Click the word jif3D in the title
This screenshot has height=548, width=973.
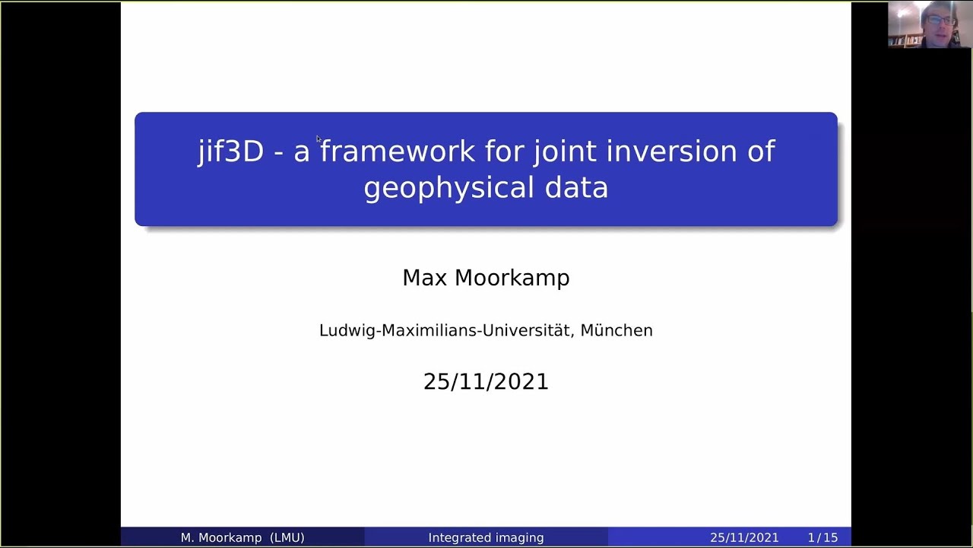pyautogui.click(x=230, y=151)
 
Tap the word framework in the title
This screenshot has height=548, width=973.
pyautogui.click(x=397, y=151)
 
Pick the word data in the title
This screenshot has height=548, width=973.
pyautogui.click(x=576, y=187)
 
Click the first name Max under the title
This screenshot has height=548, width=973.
pyautogui.click(x=424, y=278)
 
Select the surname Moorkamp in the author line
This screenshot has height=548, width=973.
pyautogui.click(x=512, y=278)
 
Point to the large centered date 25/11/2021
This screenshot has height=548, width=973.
pyautogui.click(x=486, y=381)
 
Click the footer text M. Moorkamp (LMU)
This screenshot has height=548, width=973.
pyautogui.click(x=242, y=537)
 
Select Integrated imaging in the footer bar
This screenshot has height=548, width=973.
pyautogui.click(x=486, y=537)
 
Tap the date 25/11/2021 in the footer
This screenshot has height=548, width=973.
pyautogui.click(x=744, y=537)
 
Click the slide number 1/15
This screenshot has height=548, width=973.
pyautogui.click(x=822, y=537)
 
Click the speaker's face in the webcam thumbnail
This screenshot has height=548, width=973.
pyautogui.click(x=940, y=26)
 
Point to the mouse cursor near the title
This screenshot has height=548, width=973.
pyautogui.click(x=319, y=139)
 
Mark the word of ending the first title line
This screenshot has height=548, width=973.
pyautogui.click(x=760, y=151)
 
